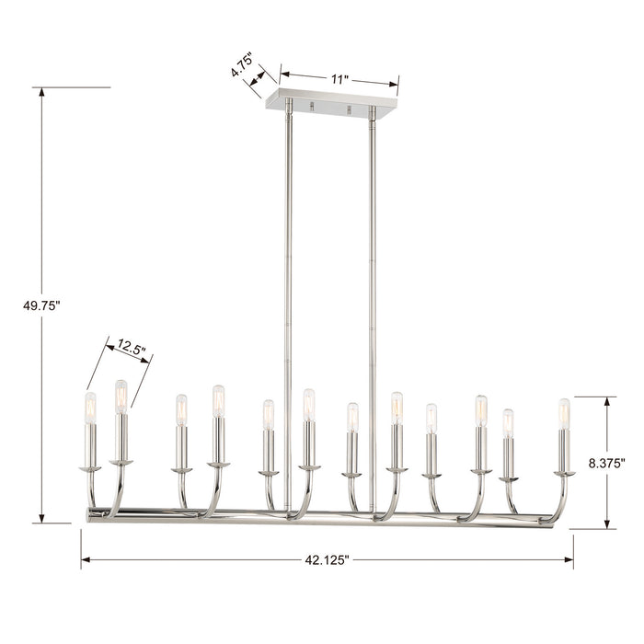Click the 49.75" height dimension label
pos(41,306)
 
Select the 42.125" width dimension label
pos(327,560)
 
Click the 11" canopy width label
pos(339,80)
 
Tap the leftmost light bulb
pos(90,408)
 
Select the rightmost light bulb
pos(564,414)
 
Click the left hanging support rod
pos(288,304)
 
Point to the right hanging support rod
pos(373,304)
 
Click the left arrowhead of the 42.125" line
pos(85,560)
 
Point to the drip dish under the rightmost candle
pos(564,473)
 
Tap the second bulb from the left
pos(121,397)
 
